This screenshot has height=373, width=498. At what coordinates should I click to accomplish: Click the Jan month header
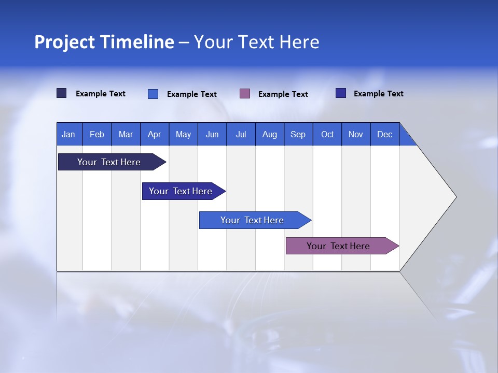click(68, 134)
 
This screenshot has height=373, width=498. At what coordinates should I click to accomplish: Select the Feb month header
click(97, 134)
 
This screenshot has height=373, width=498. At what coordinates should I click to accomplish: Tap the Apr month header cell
click(154, 134)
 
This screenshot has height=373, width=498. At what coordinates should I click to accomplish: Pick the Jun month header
click(212, 134)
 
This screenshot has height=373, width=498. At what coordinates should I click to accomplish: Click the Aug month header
click(270, 134)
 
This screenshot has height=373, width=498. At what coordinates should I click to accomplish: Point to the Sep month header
click(298, 134)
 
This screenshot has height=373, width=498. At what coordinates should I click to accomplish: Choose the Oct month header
click(327, 134)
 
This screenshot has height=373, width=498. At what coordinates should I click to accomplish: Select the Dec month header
click(385, 134)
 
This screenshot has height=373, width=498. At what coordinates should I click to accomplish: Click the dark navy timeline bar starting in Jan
click(109, 162)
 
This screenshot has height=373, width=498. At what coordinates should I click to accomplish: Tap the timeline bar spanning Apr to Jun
click(181, 191)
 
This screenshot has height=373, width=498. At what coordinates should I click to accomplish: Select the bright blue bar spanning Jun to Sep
click(252, 220)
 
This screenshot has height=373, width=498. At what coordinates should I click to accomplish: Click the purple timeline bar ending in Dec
click(338, 246)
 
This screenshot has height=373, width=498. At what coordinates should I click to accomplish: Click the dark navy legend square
click(61, 93)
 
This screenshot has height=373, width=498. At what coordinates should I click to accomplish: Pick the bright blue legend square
click(153, 94)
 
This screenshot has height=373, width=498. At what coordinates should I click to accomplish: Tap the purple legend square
click(245, 94)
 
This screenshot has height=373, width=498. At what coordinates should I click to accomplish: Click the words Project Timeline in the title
click(104, 42)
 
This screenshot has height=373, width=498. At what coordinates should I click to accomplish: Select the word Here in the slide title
click(299, 42)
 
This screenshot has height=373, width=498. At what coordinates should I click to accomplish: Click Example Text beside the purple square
click(283, 94)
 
